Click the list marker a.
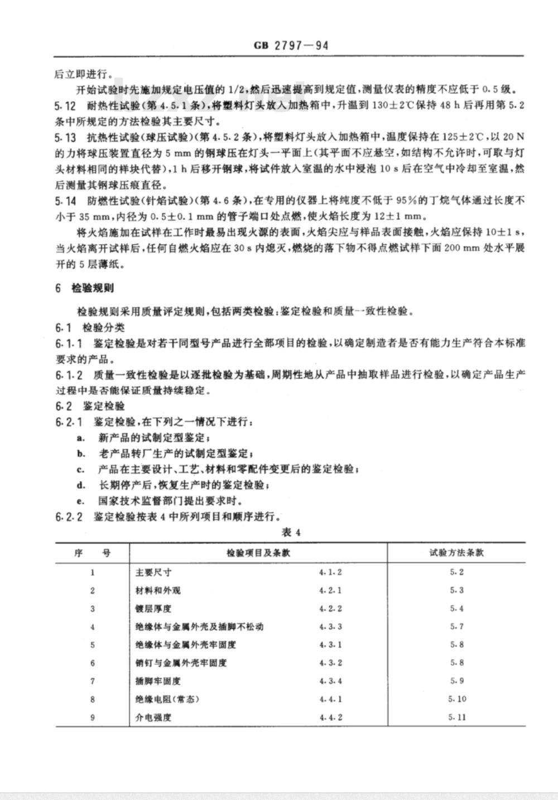[x=81, y=437]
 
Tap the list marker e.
[x=81, y=501]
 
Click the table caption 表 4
[x=291, y=532]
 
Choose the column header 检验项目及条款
[x=258, y=553]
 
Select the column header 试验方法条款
[x=456, y=553]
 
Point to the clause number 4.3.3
[x=331, y=626]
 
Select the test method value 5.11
[x=456, y=717]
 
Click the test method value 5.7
[x=456, y=626]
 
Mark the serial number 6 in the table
[x=93, y=663]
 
